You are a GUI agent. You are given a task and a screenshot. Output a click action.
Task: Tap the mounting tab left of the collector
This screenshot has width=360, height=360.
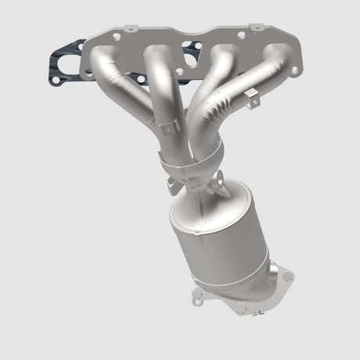171,185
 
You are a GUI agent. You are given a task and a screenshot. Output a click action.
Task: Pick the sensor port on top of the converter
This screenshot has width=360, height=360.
228,188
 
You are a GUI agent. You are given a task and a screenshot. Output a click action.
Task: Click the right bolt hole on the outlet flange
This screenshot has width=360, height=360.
288,276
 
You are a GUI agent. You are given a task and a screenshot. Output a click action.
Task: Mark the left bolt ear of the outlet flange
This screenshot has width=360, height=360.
198,295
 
